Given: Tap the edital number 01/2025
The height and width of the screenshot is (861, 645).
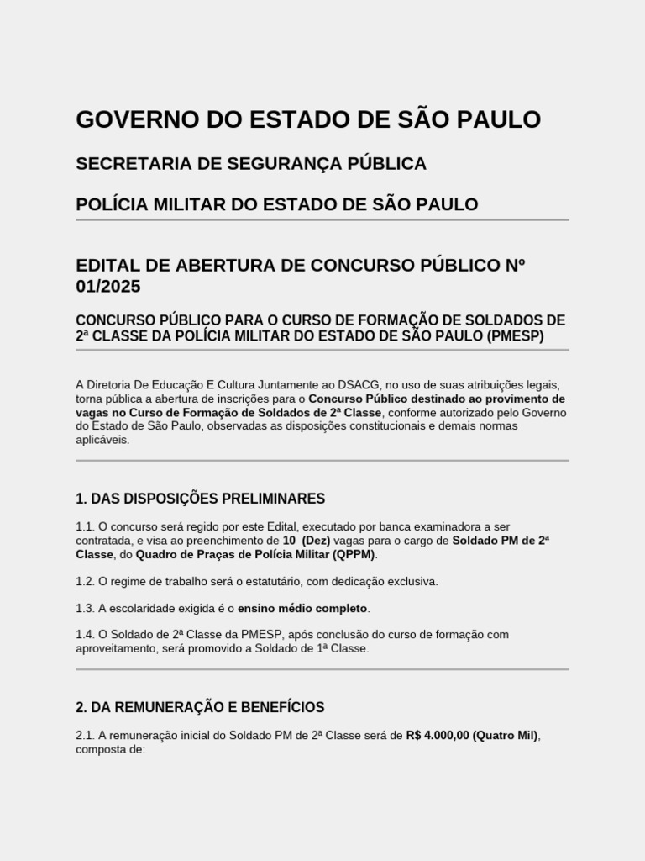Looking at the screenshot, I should pyautogui.click(x=108, y=287).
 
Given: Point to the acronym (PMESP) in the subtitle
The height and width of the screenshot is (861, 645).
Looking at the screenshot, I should pyautogui.click(x=515, y=335).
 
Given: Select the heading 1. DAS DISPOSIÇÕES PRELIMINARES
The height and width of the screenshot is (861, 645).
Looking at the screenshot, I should pyautogui.click(x=200, y=499).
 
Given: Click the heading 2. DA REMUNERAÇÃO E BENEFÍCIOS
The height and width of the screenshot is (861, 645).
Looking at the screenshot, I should pyautogui.click(x=200, y=707).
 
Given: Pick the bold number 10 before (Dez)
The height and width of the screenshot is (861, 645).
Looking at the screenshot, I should pyautogui.click(x=290, y=541).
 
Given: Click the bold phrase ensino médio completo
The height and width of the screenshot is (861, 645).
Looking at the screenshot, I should pyautogui.click(x=303, y=608).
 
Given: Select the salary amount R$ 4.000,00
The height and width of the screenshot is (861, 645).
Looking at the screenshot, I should pyautogui.click(x=437, y=736).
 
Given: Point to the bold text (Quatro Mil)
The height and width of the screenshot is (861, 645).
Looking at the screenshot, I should pyautogui.click(x=506, y=736).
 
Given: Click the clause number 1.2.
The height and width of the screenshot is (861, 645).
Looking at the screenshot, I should pyautogui.click(x=85, y=582).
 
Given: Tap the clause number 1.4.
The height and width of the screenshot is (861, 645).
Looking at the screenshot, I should pyautogui.click(x=85, y=635).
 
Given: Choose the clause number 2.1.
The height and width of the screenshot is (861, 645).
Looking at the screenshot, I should pyautogui.click(x=85, y=736).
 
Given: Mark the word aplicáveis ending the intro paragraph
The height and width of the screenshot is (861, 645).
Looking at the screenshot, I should pyautogui.click(x=102, y=440).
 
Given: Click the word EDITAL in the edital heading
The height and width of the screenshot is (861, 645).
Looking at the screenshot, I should pyautogui.click(x=107, y=266).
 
